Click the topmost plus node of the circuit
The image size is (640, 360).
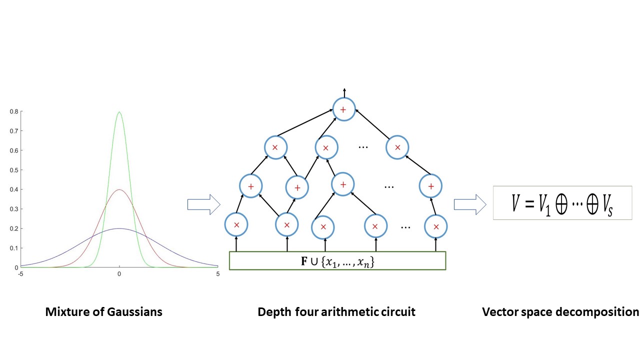click(343, 109)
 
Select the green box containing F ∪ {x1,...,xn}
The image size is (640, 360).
click(337, 260)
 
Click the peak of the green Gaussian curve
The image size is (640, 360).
click(119, 112)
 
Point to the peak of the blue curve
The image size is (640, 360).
click(119, 228)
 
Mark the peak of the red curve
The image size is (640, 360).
click(119, 189)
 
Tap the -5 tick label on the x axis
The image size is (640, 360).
click(20, 274)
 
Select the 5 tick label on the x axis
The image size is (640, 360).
click(217, 274)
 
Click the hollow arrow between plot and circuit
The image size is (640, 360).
click(203, 204)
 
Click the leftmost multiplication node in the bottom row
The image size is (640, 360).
click(236, 225)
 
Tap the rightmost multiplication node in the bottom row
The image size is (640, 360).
click(436, 226)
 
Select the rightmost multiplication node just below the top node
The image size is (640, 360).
click(397, 147)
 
